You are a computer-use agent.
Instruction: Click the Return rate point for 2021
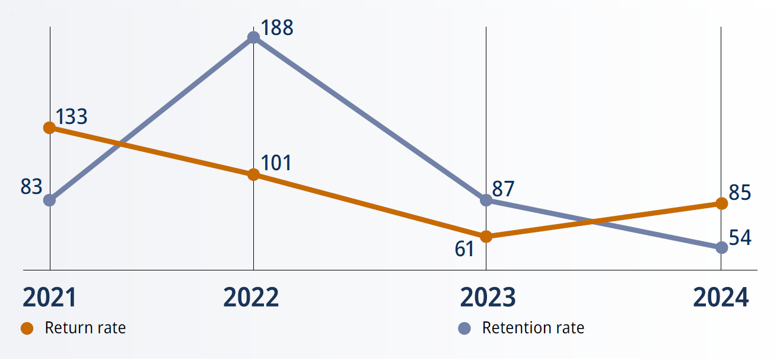[x=50, y=128]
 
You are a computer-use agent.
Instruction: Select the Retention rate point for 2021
[x=50, y=200]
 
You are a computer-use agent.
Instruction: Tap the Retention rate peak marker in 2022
[x=253, y=37]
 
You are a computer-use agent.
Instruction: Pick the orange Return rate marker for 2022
[x=253, y=174]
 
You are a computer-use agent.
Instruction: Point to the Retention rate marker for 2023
[x=486, y=200]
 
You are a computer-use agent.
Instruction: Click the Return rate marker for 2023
[x=486, y=237]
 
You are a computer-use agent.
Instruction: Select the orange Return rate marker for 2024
[x=721, y=203]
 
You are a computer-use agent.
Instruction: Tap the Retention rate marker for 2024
[x=721, y=247]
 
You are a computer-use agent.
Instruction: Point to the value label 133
[x=72, y=117]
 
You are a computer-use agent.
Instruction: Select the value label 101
[x=276, y=163]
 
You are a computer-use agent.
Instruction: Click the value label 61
[x=464, y=249]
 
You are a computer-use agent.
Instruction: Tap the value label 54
[x=740, y=238]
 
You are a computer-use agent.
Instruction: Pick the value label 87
[x=503, y=189]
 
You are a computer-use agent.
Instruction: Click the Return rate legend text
[x=85, y=328]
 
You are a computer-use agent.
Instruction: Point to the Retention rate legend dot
[x=464, y=328]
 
